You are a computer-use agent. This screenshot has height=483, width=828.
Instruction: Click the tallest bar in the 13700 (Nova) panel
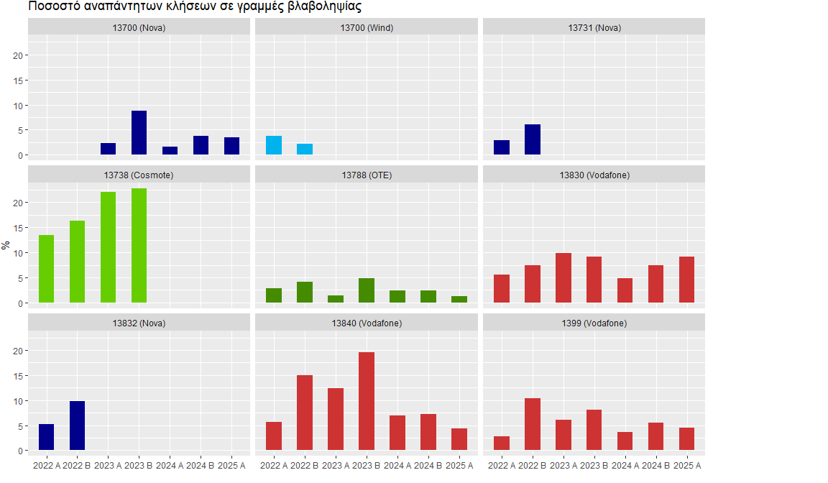139,133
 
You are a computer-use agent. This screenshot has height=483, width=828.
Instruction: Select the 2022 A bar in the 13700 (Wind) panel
274,145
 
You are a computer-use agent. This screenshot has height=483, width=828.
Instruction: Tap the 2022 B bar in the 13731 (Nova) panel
533,139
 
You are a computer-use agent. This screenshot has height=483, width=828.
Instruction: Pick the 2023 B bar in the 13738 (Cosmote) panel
139,246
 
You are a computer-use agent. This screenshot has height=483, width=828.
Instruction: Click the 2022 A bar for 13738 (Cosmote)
46,269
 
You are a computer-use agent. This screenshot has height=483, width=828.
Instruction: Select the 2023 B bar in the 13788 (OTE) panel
367,290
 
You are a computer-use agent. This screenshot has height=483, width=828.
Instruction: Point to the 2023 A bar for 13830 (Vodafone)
563,278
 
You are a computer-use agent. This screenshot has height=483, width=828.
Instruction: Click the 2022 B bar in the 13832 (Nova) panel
77,426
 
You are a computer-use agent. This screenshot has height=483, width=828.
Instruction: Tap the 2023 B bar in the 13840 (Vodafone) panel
367,402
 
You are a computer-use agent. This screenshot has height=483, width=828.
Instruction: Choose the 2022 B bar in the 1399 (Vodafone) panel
533,425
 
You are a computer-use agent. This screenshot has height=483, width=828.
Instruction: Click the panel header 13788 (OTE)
367,175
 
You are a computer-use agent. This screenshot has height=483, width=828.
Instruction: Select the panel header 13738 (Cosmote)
139,175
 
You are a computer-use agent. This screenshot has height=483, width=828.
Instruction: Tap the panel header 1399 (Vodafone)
594,323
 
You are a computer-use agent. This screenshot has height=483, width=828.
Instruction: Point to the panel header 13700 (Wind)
367,28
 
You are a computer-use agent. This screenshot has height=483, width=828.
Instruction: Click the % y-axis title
6,244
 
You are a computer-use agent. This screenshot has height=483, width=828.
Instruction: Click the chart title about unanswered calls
195,6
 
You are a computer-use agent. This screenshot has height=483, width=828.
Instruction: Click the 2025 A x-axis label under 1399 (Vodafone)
686,466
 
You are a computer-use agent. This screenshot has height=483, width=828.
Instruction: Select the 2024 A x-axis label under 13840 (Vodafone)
397,466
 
